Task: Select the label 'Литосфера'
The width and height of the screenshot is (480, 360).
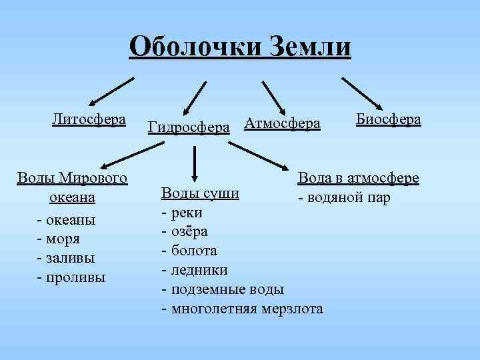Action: (89, 119)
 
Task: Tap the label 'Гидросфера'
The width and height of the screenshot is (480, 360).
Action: (189, 125)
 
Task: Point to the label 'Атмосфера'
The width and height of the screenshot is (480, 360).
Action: (282, 123)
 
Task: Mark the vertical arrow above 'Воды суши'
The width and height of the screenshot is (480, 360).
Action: (194, 162)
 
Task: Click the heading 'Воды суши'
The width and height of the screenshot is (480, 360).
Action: (200, 193)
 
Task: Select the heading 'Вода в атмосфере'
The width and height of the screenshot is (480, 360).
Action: (358, 178)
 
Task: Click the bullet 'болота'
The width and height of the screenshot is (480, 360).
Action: (193, 251)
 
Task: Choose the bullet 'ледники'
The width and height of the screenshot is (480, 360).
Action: (199, 270)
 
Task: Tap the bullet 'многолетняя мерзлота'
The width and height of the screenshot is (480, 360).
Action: (247, 308)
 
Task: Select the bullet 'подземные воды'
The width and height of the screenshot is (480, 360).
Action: (227, 289)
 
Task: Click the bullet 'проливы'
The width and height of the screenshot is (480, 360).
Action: (75, 277)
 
